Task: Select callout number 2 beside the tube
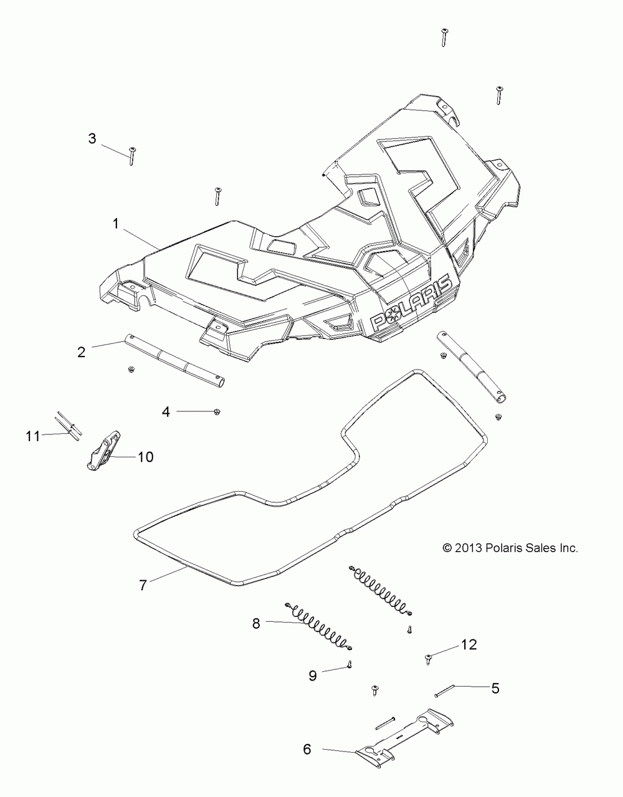(x=81, y=352)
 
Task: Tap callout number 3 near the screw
(x=92, y=138)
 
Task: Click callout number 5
(x=495, y=688)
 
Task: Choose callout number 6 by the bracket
(x=307, y=750)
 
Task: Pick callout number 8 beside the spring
(x=256, y=623)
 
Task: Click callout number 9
(x=313, y=674)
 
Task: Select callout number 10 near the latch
(x=145, y=457)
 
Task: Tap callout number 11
(x=33, y=436)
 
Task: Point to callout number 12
(x=468, y=644)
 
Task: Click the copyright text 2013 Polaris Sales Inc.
(x=510, y=548)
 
